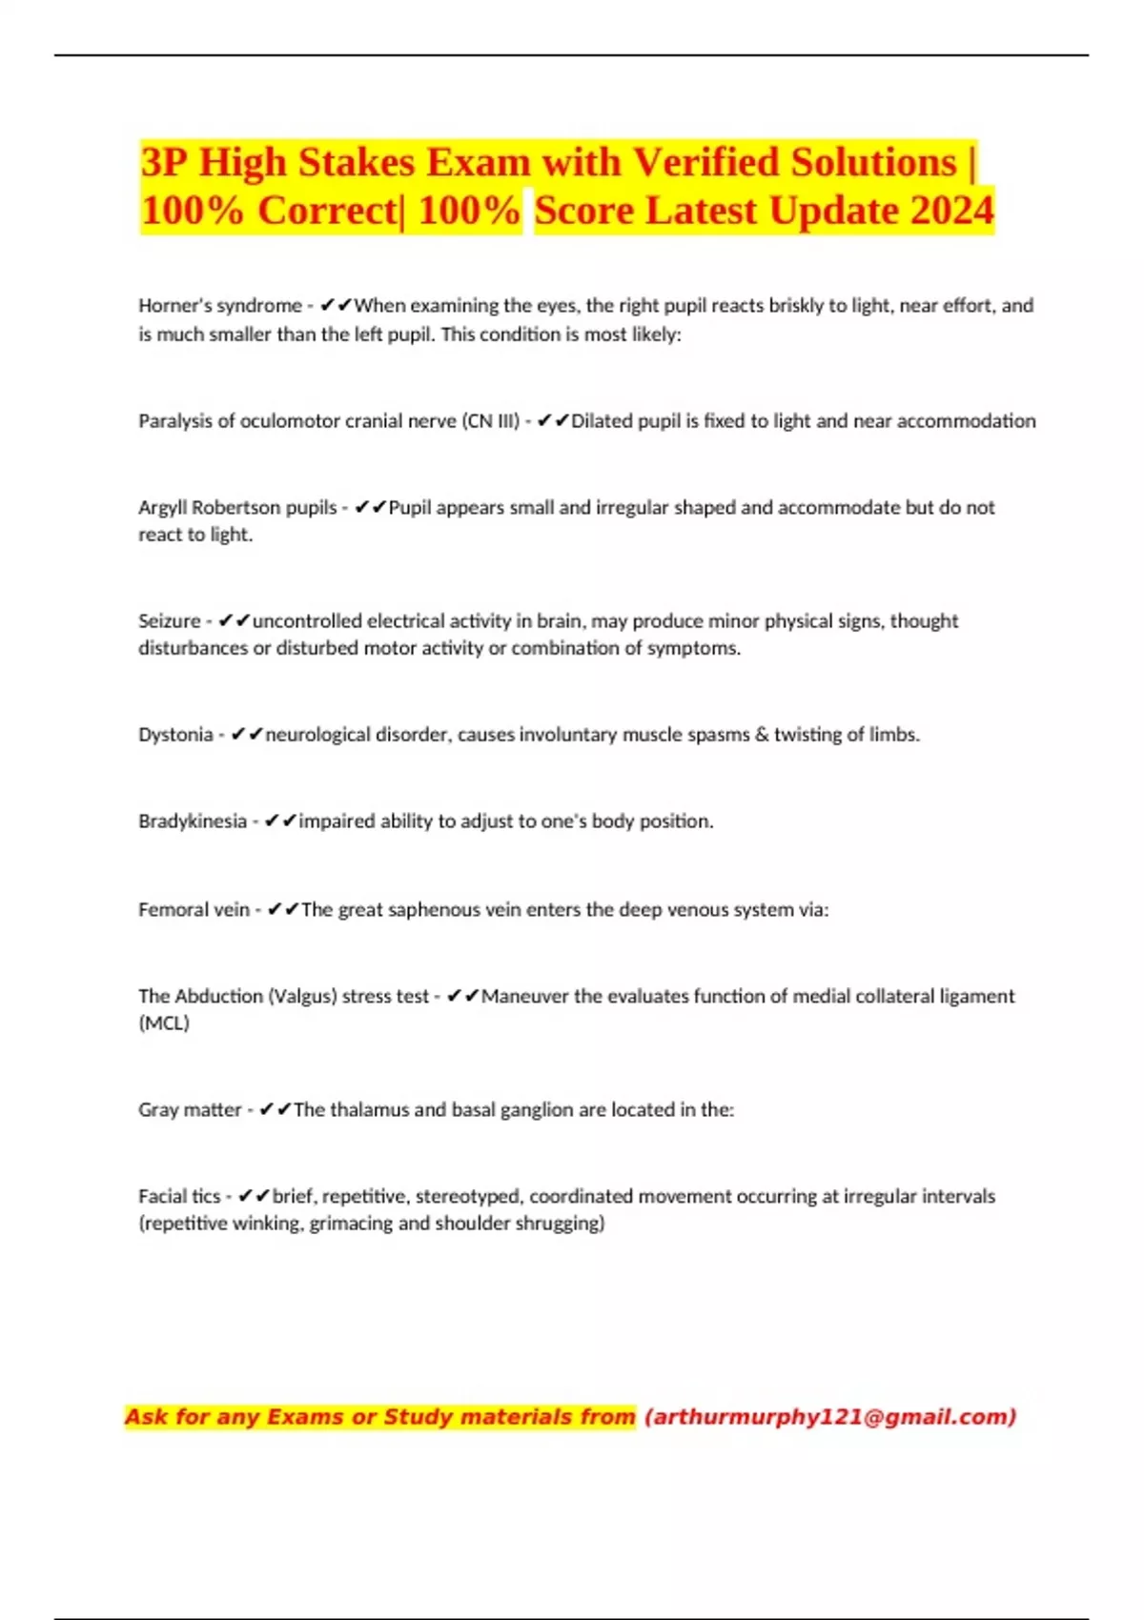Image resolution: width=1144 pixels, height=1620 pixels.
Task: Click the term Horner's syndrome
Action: [220, 306]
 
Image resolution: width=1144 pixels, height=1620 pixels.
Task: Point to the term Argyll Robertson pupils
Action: [237, 508]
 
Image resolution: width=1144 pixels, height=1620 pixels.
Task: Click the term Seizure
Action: [170, 621]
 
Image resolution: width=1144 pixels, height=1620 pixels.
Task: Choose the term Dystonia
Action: [175, 735]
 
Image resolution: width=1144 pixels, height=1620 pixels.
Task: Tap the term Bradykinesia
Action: [193, 821]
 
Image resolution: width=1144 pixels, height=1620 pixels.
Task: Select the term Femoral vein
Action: [194, 910]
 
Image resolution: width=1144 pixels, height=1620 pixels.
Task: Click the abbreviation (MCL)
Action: [164, 1023]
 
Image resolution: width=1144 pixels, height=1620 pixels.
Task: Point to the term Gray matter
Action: [190, 1110]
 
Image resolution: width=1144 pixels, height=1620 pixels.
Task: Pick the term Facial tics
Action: [179, 1197]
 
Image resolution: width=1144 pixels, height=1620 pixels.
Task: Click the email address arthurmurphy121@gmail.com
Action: [830, 1417]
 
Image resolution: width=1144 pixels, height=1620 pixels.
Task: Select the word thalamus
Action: [370, 1110]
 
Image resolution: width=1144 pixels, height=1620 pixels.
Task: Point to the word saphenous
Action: [434, 910]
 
